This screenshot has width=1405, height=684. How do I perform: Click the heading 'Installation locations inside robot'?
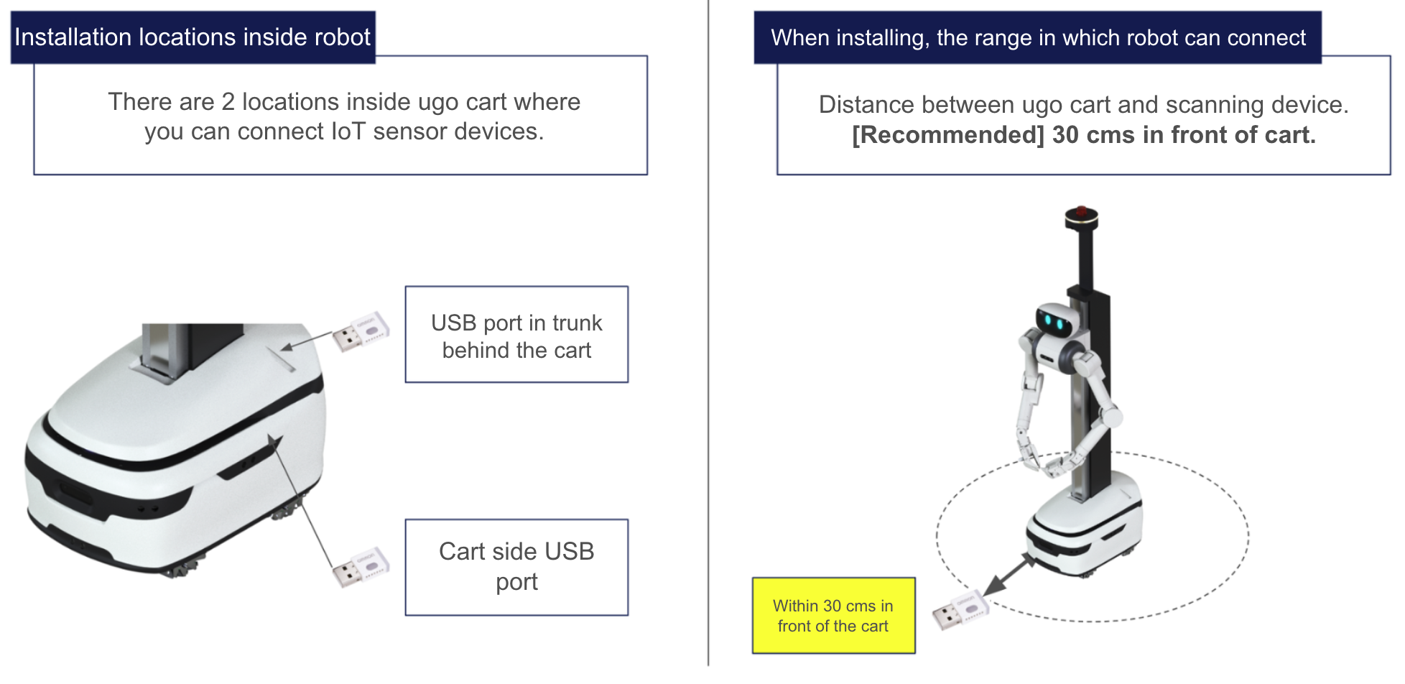tap(193, 37)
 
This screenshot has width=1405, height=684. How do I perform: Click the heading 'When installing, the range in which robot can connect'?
tap(1038, 37)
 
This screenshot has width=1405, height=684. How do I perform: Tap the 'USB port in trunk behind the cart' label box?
tap(516, 335)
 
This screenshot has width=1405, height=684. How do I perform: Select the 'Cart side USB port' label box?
tap(516, 567)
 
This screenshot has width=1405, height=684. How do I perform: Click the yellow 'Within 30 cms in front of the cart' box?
tap(833, 616)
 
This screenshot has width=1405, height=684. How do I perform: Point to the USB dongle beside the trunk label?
tap(361, 331)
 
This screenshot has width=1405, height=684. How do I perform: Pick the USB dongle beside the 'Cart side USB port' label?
tap(361, 567)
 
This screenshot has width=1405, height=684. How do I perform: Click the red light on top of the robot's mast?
tap(1081, 211)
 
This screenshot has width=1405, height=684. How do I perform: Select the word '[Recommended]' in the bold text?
tap(948, 135)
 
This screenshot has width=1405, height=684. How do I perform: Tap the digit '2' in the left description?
tap(228, 102)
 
